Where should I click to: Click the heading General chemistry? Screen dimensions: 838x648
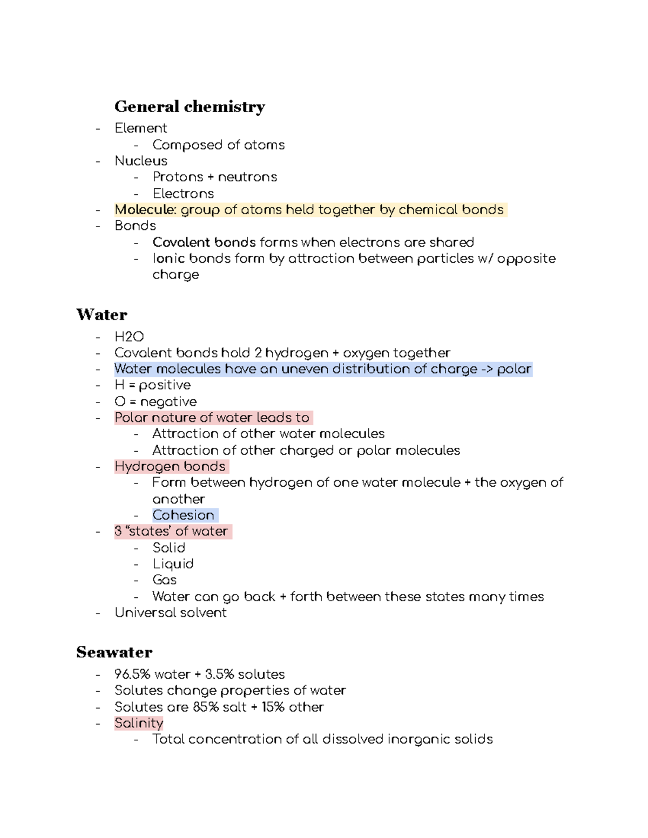190,107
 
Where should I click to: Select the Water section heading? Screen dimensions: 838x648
102,315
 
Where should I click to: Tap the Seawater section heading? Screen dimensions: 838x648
114,652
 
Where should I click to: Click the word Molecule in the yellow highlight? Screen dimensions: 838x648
145,209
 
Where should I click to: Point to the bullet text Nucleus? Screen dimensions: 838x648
141,161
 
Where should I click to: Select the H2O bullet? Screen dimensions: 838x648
129,337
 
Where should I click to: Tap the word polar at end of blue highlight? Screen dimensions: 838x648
514,369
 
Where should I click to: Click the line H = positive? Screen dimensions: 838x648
152,385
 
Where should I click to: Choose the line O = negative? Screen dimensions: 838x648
156,401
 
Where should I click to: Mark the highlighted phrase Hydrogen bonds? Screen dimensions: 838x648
170,466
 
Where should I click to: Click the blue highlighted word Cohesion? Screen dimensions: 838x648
184,515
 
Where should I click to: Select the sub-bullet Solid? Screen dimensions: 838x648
168,548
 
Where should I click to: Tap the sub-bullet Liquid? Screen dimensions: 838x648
173,564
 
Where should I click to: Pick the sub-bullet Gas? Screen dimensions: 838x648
165,580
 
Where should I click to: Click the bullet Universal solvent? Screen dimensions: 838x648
171,612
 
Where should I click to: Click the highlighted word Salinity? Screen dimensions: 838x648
139,723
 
